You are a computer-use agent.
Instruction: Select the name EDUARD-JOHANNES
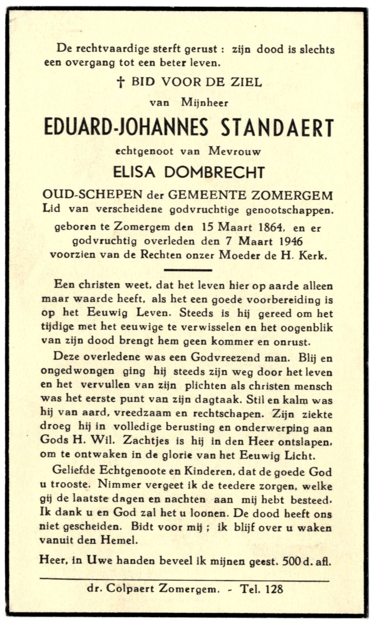pyautogui.click(x=126, y=128)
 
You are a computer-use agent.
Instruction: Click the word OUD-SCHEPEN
pyautogui.click(x=92, y=195)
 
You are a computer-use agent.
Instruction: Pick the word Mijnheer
pyautogui.click(x=205, y=102)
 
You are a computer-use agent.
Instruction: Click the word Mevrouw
pyautogui.click(x=234, y=151)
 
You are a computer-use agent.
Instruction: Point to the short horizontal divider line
pyautogui.click(x=188, y=270)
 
